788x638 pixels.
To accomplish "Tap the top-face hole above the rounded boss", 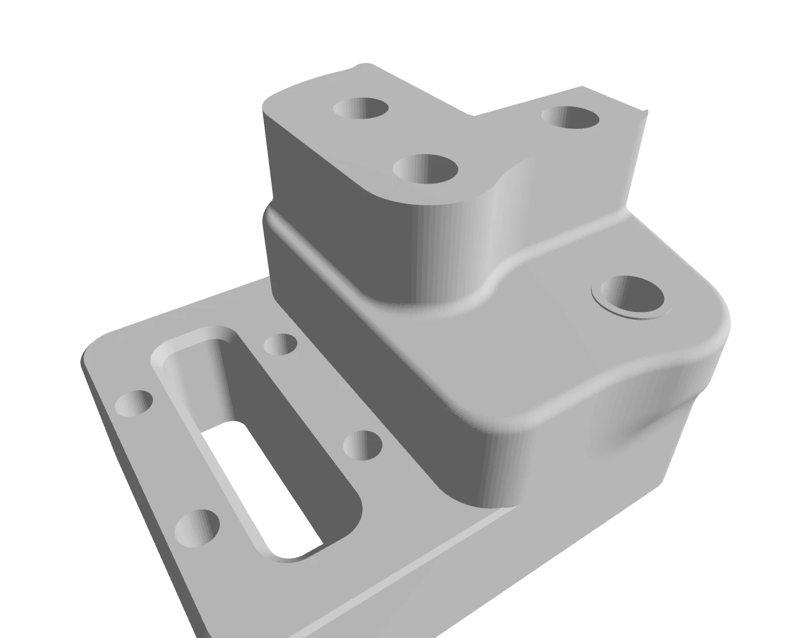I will (425, 169).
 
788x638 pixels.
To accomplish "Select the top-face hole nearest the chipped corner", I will (571, 117).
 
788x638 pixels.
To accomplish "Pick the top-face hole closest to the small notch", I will (361, 108).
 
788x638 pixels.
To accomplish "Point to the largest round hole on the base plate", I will (197, 527).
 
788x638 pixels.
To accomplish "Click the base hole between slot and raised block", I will (363, 445).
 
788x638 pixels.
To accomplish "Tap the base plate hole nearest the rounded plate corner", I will (134, 402).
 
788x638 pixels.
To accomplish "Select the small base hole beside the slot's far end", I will (281, 344).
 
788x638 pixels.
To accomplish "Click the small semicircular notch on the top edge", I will (364, 65).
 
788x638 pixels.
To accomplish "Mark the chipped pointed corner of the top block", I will (645, 113).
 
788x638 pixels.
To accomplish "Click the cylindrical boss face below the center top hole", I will (450, 250).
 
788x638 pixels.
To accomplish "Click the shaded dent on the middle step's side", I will (636, 430).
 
